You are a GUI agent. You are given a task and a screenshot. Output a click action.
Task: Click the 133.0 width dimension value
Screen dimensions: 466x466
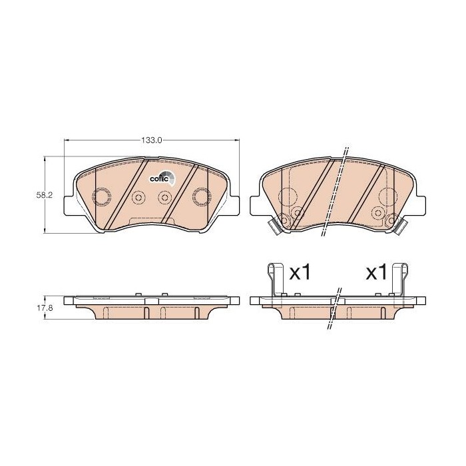click(x=152, y=140)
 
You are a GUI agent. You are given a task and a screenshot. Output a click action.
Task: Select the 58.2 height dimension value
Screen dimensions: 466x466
click(x=44, y=195)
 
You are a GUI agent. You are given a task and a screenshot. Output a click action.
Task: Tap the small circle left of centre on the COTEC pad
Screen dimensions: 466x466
click(x=139, y=197)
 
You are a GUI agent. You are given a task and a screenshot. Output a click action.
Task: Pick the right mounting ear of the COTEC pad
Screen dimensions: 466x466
click(x=234, y=206)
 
